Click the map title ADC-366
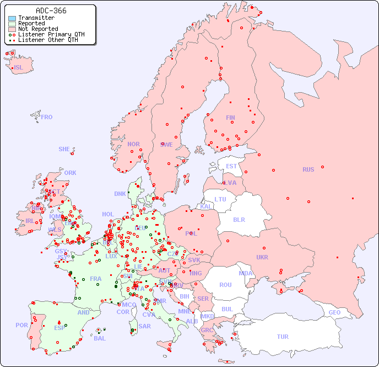pos(51,10)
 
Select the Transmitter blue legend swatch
pos(12,18)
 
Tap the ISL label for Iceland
pos(19,68)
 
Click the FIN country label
pos(230,118)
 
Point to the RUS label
pos(308,169)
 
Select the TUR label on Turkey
pos(283,337)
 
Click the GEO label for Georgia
pos(334,312)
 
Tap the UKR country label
pos(262,257)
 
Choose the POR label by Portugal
pos(21,325)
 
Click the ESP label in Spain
pos(59,328)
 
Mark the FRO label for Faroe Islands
pos(47,117)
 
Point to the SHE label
pos(64,149)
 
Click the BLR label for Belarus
pos(239,219)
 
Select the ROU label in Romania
pos(225,285)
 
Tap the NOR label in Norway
pos(133,144)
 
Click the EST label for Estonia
pos(231,166)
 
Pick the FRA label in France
pos(96,279)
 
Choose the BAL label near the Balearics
pos(99,338)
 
